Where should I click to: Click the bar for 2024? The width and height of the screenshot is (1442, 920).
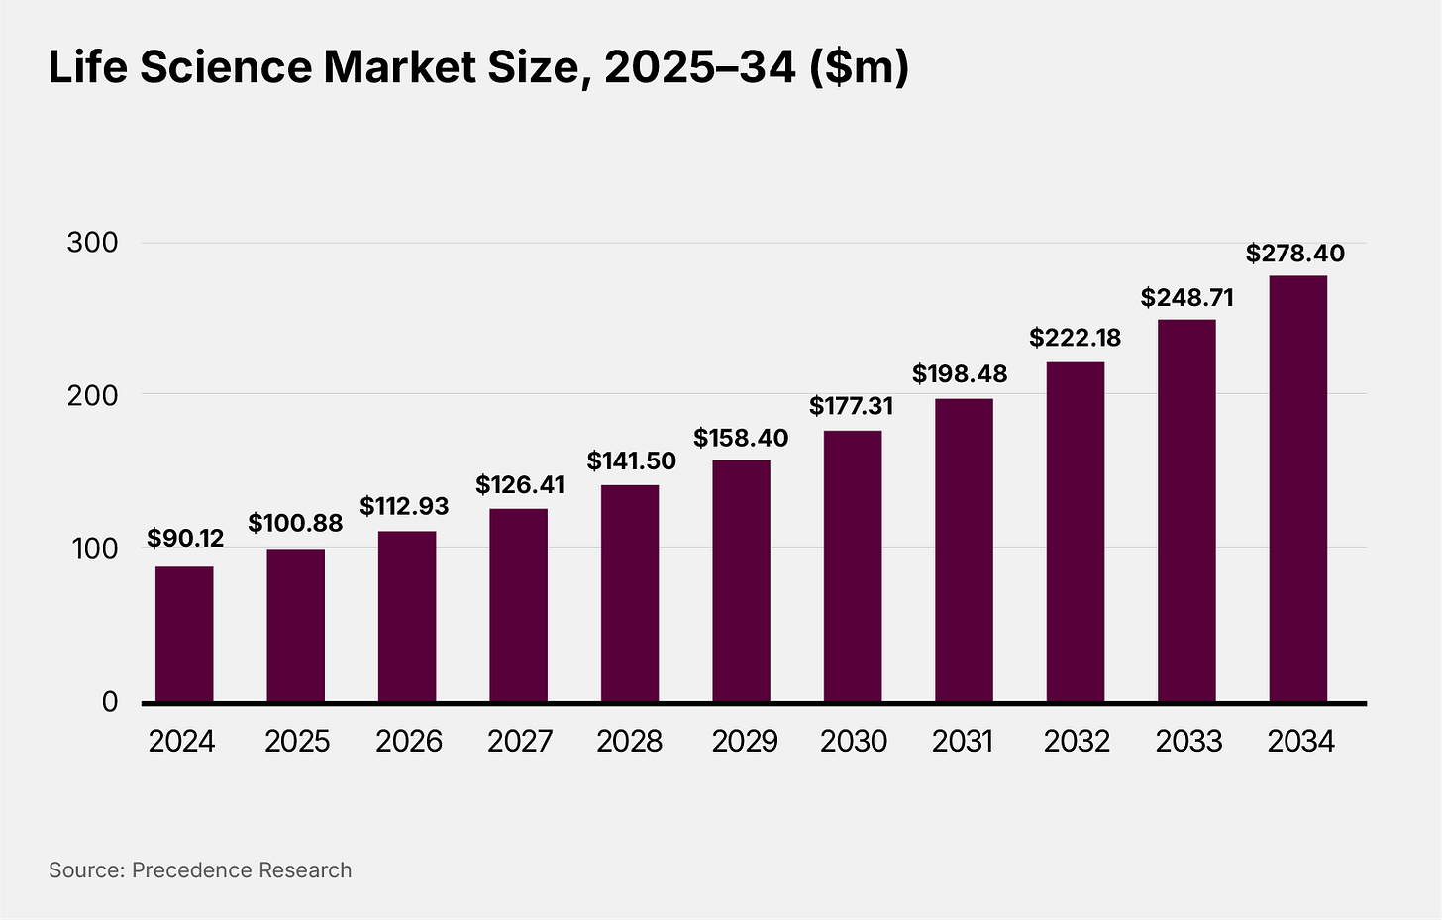(184, 634)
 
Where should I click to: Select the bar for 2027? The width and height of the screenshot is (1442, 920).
(518, 605)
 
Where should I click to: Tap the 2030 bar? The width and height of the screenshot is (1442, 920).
(853, 566)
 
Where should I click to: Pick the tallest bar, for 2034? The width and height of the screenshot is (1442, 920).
(1298, 488)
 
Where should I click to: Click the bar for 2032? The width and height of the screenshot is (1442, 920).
(1076, 532)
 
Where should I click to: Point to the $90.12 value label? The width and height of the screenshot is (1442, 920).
(185, 539)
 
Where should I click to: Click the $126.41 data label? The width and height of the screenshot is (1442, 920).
(520, 485)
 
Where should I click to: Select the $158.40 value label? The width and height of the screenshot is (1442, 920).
(741, 438)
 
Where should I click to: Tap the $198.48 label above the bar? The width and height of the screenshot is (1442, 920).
(960, 374)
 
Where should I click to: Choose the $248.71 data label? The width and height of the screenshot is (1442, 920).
(1186, 298)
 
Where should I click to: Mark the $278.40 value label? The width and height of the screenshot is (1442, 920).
(1295, 254)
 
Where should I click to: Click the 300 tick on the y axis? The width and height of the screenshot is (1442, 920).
(92, 243)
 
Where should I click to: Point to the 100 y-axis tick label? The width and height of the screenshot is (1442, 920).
(92, 548)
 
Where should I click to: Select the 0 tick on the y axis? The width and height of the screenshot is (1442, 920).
(109, 701)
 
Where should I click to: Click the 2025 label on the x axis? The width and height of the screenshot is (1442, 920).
(297, 741)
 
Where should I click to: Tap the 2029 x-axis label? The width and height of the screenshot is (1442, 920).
(745, 741)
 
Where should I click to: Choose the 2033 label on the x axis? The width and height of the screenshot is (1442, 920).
(1189, 741)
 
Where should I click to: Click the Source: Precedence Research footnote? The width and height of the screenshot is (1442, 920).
(200, 870)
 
